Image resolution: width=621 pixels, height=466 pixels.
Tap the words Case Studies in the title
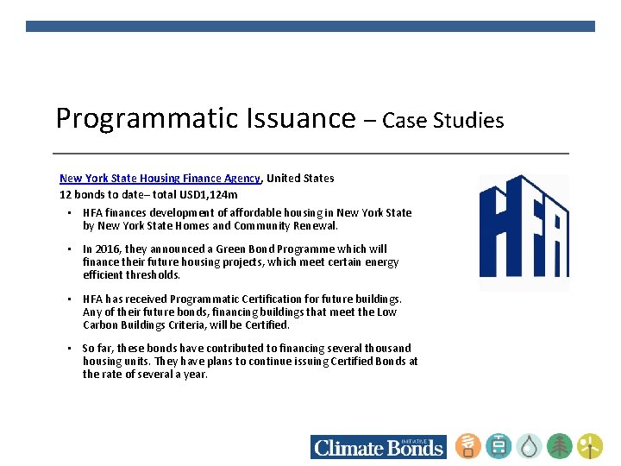coord(443,120)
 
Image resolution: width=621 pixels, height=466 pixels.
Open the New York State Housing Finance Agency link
coord(160,179)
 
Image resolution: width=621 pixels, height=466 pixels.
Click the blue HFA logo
coord(524,232)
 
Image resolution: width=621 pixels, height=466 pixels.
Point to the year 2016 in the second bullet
coord(108,249)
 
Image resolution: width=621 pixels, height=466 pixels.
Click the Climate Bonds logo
coord(378,446)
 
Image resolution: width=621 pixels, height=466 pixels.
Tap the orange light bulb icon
coord(468,445)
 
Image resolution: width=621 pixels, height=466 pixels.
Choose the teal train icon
coord(499,445)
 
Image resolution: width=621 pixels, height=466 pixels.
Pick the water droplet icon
coord(530,445)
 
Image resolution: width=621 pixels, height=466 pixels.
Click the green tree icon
coord(560,445)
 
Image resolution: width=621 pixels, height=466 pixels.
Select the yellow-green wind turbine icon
coord(590,445)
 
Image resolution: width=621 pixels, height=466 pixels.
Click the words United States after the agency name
coord(300,179)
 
